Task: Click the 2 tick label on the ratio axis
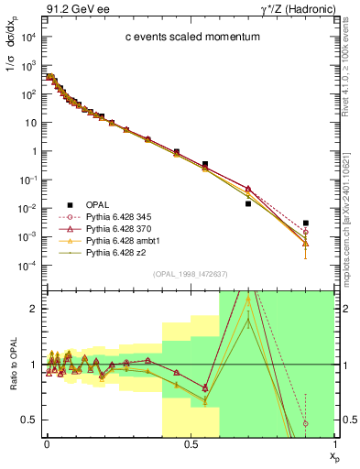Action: click(33, 310)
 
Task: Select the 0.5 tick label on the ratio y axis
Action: click(29, 420)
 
